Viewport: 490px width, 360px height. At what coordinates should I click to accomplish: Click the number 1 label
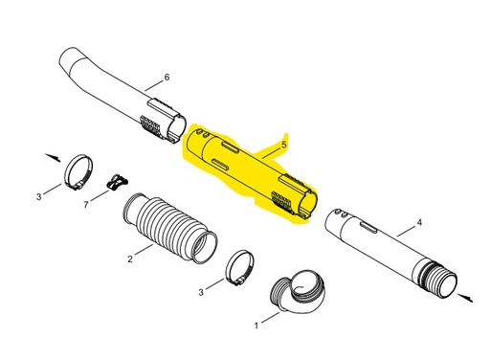256,326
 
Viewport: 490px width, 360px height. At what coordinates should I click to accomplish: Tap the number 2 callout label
130,259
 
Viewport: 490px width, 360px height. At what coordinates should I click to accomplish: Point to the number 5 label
284,145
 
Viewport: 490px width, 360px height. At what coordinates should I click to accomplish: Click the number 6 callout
167,77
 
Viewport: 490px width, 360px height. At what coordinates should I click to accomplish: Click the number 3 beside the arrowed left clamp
39,196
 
